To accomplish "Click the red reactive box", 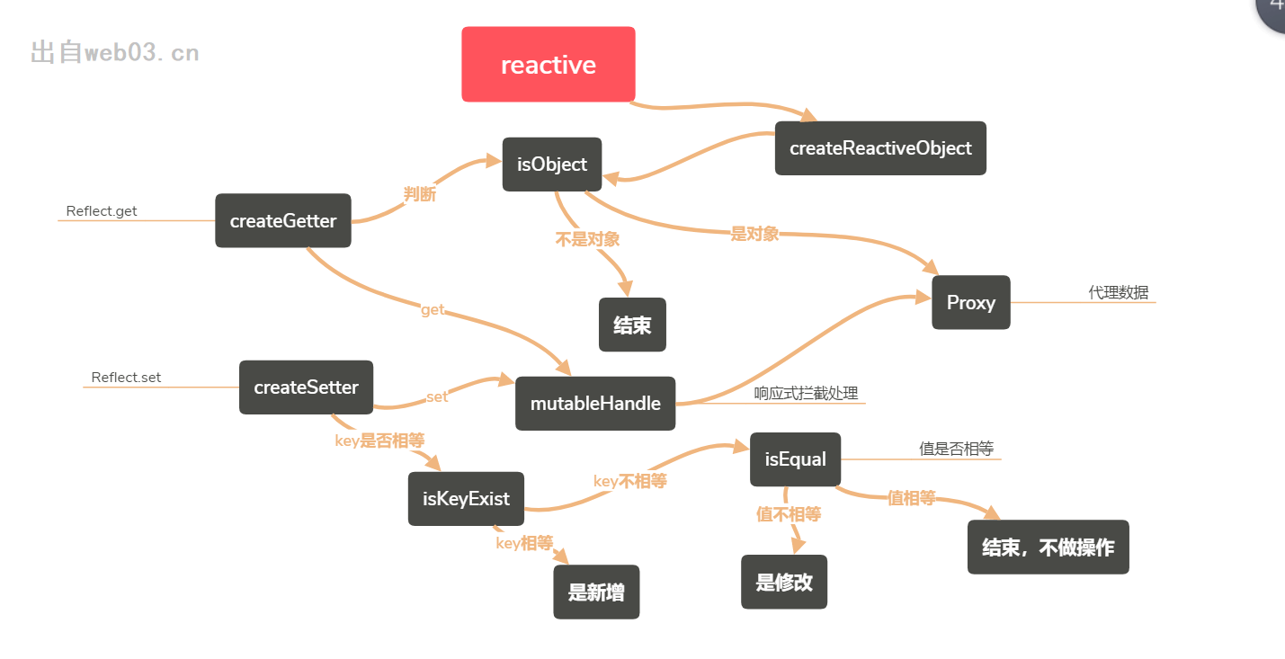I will [549, 65].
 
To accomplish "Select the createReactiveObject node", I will [880, 148].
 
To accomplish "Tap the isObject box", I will [552, 165].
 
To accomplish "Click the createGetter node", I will [283, 221].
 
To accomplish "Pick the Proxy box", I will [971, 303].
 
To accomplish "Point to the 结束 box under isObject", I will [632, 325].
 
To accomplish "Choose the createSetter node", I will [306, 387].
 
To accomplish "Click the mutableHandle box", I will [595, 404].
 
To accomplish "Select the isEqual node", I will [796, 459].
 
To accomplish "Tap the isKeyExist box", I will [466, 499].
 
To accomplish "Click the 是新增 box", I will [596, 592].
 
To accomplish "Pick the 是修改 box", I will [784, 583].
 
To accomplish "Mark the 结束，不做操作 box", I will [1048, 548].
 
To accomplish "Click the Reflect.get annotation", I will [102, 212].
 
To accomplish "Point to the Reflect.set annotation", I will [126, 378].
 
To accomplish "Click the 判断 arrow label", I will [420, 194].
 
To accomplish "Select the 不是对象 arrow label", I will [587, 240].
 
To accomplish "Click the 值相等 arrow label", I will [912, 498].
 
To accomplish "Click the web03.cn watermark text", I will [115, 53].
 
